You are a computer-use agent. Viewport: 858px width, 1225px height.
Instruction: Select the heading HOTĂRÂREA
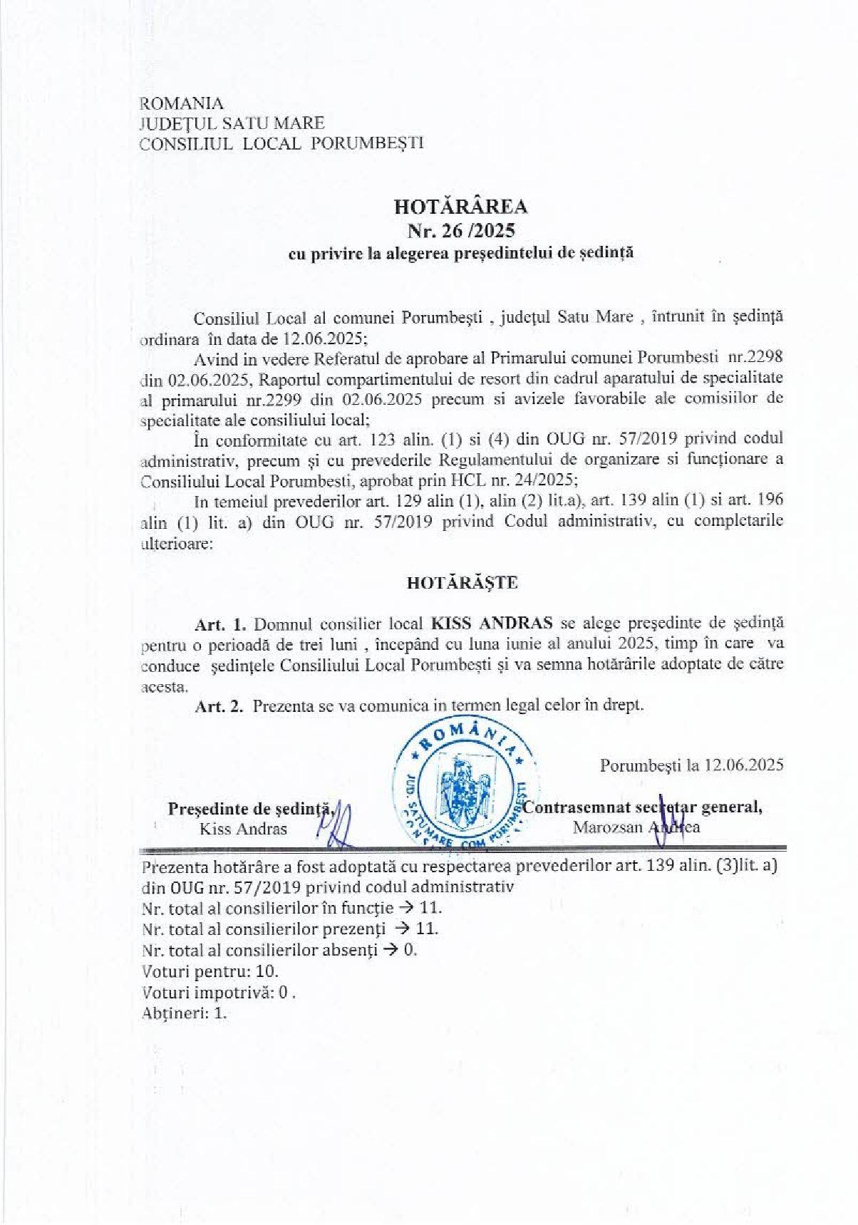pyautogui.click(x=460, y=207)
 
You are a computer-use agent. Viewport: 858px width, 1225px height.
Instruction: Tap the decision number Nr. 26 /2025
pyautogui.click(x=460, y=231)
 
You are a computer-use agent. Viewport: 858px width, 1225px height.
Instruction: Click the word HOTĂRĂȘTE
pyautogui.click(x=462, y=583)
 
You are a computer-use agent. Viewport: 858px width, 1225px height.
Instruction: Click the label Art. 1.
pyautogui.click(x=220, y=623)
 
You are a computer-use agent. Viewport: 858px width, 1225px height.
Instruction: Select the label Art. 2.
pyautogui.click(x=220, y=705)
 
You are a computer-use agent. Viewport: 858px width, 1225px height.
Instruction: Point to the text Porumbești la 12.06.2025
pyautogui.click(x=691, y=765)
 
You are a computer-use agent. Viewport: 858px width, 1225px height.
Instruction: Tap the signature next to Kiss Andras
pyautogui.click(x=339, y=821)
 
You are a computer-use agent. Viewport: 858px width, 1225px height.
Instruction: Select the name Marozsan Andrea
pyautogui.click(x=636, y=827)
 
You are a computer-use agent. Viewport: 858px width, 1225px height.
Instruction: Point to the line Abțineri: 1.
pyautogui.click(x=185, y=1013)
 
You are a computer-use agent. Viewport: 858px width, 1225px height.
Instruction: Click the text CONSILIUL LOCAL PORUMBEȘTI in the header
pyautogui.click(x=282, y=143)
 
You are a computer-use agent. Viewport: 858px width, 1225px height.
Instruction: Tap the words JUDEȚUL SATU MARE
pyautogui.click(x=233, y=123)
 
